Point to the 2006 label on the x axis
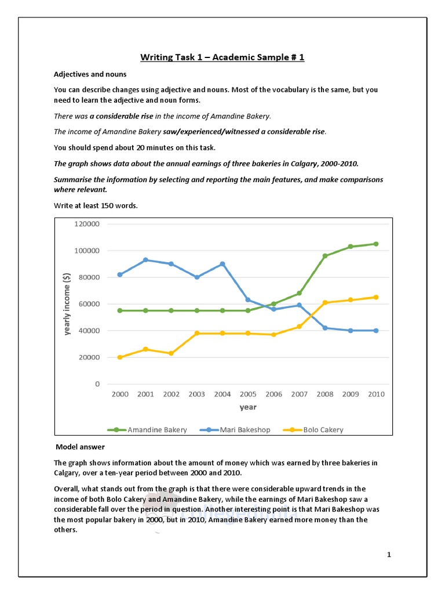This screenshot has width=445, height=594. pyautogui.click(x=273, y=394)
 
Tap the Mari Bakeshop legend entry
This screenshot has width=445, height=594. pyautogui.click(x=232, y=430)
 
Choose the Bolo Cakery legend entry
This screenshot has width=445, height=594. pyautogui.click(x=313, y=430)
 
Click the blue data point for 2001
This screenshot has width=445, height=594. pyautogui.click(x=145, y=260)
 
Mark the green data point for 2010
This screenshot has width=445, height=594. pyautogui.click(x=376, y=244)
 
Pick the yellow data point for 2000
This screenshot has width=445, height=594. pyautogui.click(x=120, y=357)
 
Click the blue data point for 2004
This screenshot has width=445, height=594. pyautogui.click(x=222, y=264)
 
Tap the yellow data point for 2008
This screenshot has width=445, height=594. pyautogui.click(x=324, y=303)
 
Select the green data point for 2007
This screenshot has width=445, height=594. pyautogui.click(x=299, y=293)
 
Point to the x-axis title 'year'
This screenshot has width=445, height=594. pyautogui.click(x=248, y=407)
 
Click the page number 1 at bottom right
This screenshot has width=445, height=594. pyautogui.click(x=389, y=555)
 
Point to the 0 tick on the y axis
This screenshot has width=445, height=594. pyautogui.click(x=97, y=384)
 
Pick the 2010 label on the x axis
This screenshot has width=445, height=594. pyautogui.click(x=376, y=394)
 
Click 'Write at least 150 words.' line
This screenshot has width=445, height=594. pyautogui.click(x=96, y=205)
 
